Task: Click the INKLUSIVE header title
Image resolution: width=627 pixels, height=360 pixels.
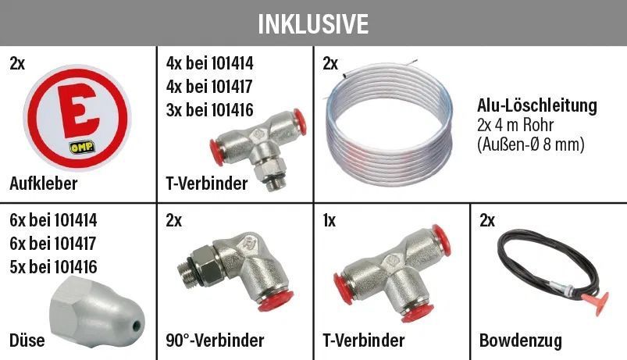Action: pyautogui.click(x=313, y=23)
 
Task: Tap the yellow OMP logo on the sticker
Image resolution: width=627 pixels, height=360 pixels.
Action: pyautogui.click(x=82, y=147)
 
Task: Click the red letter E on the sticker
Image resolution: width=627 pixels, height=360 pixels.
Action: pyautogui.click(x=77, y=111)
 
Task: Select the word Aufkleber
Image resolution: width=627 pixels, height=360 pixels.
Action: pyautogui.click(x=43, y=184)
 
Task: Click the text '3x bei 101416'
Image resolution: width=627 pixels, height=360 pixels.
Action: pyautogui.click(x=209, y=110)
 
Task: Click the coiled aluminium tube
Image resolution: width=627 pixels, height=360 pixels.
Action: pyautogui.click(x=389, y=123)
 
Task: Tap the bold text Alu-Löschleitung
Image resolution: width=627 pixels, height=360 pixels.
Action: pyautogui.click(x=537, y=105)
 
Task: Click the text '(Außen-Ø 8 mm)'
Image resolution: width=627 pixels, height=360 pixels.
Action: pyautogui.click(x=531, y=144)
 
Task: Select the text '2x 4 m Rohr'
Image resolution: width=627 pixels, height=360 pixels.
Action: pyautogui.click(x=515, y=125)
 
